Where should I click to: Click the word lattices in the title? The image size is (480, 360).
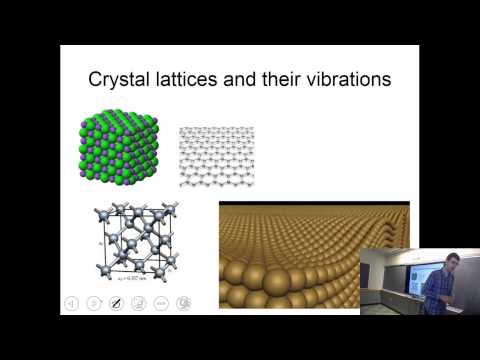point(204,79)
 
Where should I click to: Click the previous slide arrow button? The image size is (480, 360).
point(71,302)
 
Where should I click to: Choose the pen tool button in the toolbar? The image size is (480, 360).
point(116,302)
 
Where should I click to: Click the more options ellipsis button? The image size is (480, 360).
point(161,302)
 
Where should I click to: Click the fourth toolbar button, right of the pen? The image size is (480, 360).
point(138,302)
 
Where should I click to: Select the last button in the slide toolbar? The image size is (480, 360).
point(183,302)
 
